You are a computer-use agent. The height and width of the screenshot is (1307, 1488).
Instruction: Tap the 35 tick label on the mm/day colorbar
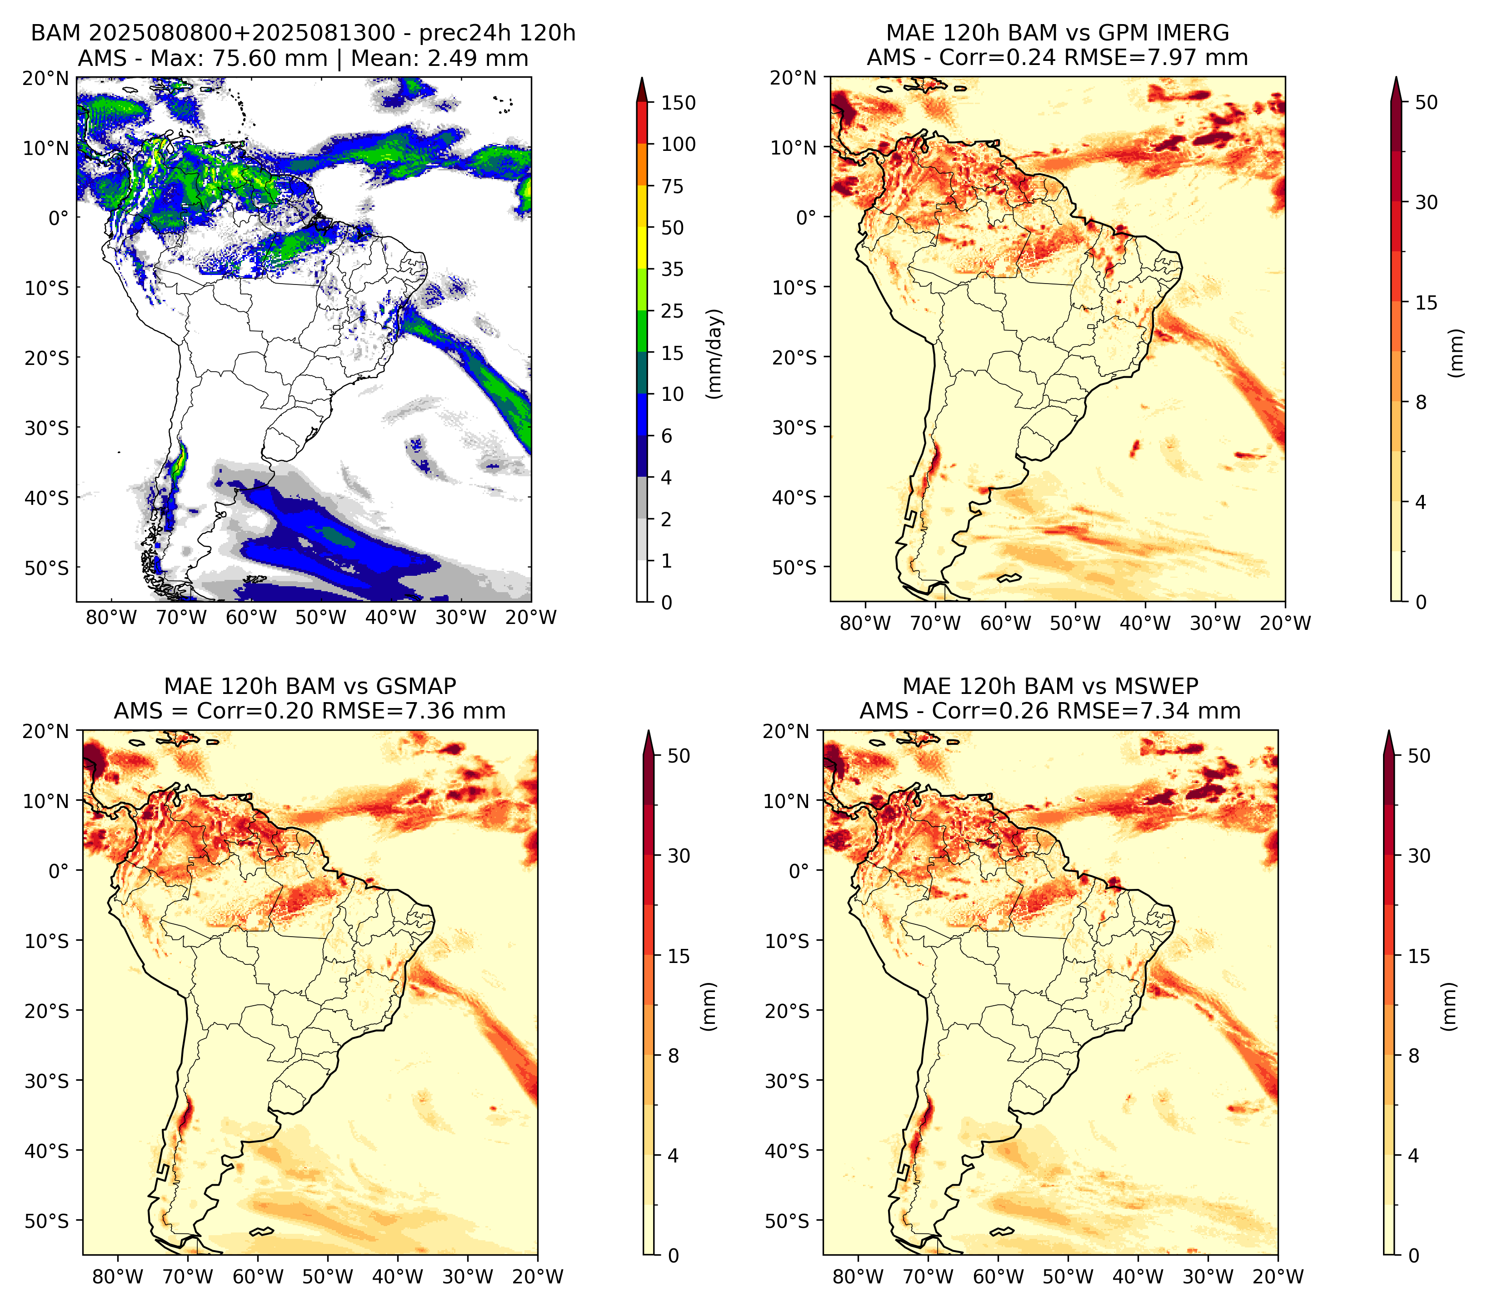672,269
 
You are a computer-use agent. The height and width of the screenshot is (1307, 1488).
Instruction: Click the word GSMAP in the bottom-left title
416,686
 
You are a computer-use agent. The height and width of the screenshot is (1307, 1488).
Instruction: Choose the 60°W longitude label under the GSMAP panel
259,1277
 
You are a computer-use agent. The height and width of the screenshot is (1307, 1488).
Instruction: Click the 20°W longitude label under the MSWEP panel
1278,1277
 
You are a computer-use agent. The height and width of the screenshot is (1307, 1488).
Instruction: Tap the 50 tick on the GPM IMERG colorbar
1426,103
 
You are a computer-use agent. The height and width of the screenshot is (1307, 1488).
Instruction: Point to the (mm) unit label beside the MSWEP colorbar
1449,1007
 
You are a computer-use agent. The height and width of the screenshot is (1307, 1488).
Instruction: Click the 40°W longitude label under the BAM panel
390,618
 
